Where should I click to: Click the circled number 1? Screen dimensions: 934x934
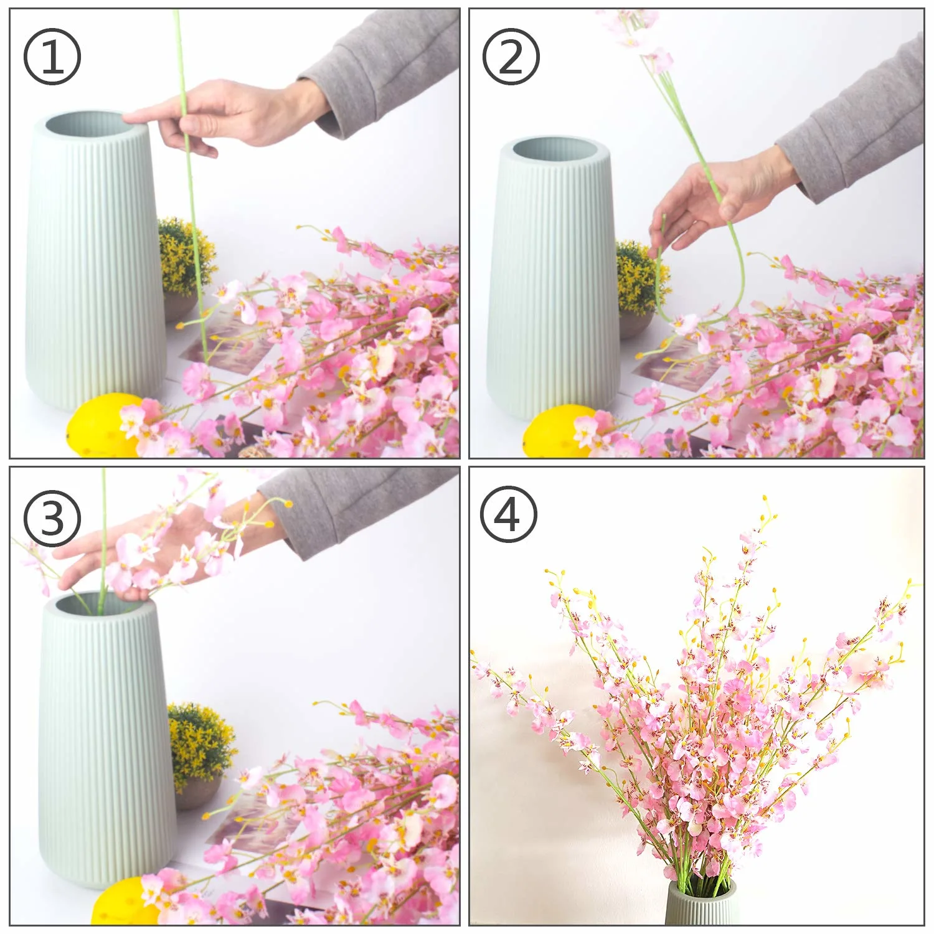point(52,57)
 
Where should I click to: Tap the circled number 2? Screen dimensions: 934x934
point(511,57)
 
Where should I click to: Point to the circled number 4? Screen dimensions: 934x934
point(508,515)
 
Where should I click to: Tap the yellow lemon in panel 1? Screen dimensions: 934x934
point(100,424)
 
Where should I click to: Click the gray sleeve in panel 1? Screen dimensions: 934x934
point(386,68)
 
